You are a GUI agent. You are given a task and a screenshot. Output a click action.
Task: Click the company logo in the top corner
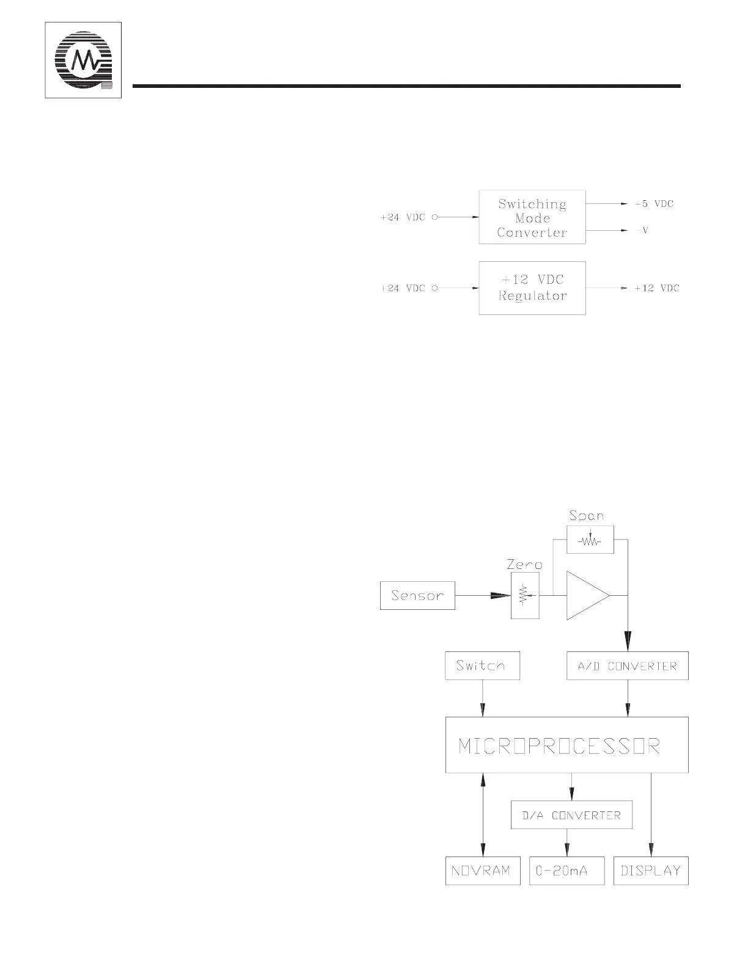pos(83,60)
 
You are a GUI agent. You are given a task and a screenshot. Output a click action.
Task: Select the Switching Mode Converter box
pos(532,217)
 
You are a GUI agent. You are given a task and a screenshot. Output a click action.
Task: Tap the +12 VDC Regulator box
pos(532,288)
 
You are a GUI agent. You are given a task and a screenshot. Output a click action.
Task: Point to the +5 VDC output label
pos(653,204)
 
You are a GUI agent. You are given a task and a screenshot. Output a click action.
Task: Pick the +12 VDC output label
pos(656,288)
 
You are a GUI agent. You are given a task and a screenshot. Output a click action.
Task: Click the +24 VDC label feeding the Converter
pos(402,217)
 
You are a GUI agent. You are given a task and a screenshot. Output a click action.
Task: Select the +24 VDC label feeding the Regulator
pos(402,288)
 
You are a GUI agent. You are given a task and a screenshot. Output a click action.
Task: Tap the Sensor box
pos(417,595)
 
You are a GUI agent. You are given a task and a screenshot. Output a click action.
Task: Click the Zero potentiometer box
pos(525,595)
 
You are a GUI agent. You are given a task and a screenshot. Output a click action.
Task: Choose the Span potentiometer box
pos(590,540)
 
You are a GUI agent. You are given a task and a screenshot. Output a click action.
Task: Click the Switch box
pos(482,666)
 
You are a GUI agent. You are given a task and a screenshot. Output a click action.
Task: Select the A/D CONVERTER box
pos(628,666)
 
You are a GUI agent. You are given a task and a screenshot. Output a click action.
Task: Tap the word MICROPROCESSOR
pos(559,746)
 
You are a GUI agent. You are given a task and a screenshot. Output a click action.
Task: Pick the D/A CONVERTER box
pos(571,815)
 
